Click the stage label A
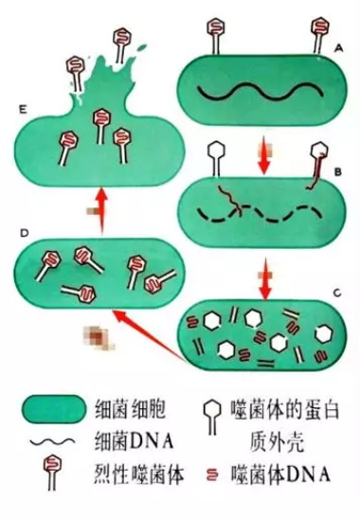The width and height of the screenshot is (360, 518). (x=338, y=49)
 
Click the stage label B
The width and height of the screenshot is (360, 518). (x=337, y=172)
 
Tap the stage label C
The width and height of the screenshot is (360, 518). (x=337, y=293)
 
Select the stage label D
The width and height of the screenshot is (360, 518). (x=24, y=233)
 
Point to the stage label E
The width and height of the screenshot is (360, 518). (x=23, y=109)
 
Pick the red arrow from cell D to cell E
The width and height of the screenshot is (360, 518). (x=102, y=210)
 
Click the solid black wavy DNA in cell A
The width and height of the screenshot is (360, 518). (x=260, y=90)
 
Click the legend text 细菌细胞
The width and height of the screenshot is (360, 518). (x=130, y=410)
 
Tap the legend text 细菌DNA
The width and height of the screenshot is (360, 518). (x=134, y=441)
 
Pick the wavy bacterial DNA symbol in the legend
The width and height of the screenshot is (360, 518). (x=52, y=441)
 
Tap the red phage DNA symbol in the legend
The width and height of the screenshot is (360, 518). (x=213, y=475)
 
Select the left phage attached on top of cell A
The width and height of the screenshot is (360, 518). (x=216, y=36)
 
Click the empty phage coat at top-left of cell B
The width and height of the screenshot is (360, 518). (x=216, y=159)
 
